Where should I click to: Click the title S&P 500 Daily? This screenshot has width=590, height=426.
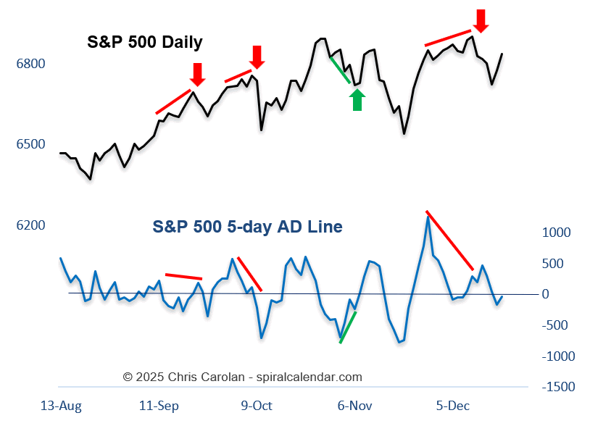click(x=145, y=42)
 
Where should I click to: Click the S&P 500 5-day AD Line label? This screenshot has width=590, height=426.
click(x=247, y=227)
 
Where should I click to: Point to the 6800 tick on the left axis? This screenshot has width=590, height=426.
click(x=30, y=64)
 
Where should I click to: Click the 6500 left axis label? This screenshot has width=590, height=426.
click(x=30, y=144)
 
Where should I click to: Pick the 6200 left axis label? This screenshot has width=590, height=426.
click(x=30, y=226)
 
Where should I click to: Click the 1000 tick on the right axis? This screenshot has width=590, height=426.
click(x=557, y=233)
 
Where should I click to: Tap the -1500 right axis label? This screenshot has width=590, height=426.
click(x=558, y=388)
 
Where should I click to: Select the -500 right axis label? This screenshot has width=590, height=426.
click(x=557, y=325)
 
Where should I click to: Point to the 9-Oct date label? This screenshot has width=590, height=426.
click(x=257, y=406)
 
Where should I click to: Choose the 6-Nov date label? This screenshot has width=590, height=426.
click(x=354, y=406)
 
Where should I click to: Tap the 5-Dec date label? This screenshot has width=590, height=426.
click(x=454, y=406)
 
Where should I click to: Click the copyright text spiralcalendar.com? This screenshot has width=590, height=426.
click(x=242, y=377)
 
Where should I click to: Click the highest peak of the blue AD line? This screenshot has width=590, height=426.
click(x=428, y=216)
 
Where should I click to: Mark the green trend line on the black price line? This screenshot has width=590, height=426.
click(x=340, y=70)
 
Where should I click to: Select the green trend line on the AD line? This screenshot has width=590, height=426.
click(x=348, y=327)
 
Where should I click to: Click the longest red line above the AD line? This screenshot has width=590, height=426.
click(x=450, y=241)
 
